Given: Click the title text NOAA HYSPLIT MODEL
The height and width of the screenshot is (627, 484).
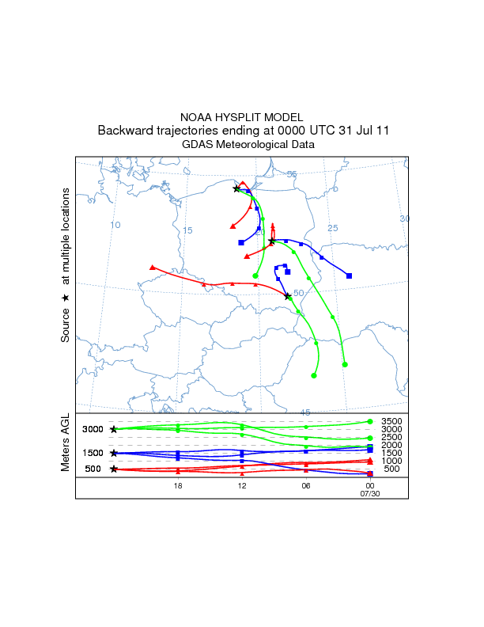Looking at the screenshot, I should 242,116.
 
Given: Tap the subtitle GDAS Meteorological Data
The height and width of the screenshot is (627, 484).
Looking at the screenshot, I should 248,145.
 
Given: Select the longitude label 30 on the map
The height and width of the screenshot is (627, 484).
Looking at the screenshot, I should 404,218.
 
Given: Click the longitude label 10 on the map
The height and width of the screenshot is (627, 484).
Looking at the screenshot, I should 115,225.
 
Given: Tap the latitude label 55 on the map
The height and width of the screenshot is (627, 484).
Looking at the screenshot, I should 291,174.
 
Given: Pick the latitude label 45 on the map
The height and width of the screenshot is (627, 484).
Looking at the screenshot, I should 305,412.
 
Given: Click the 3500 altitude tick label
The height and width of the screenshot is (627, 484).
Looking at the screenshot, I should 391,422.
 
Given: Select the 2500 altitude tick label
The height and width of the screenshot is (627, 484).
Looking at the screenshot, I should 391,438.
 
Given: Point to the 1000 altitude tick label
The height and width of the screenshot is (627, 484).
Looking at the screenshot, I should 391,461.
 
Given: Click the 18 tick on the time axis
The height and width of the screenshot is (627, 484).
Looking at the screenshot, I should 178,485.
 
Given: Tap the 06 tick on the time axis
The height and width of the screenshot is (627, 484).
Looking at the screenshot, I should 305,485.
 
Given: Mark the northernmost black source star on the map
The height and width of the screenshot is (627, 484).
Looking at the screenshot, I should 236,188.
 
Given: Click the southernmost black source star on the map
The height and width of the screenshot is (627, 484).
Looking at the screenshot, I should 288,296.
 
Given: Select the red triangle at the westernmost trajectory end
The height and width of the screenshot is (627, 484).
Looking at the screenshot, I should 152,268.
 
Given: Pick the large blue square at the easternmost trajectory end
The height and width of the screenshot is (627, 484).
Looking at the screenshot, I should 350,275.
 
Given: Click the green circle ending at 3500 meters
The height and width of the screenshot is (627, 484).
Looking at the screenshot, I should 370,421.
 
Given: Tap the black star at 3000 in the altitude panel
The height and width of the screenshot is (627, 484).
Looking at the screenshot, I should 114,429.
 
